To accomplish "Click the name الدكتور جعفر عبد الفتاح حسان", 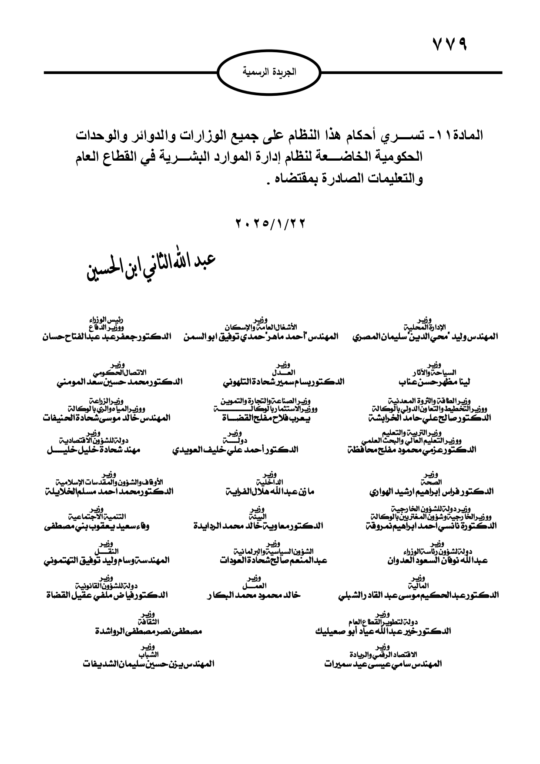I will [107, 337].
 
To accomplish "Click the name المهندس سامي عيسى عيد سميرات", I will [383, 664].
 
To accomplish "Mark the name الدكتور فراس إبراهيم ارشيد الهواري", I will [431, 491].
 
